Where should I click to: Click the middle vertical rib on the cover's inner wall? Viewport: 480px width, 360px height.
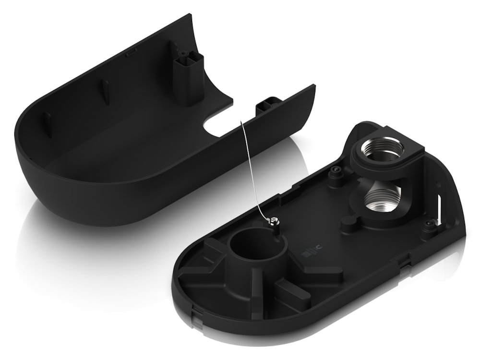pyautogui.click(x=105, y=91)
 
